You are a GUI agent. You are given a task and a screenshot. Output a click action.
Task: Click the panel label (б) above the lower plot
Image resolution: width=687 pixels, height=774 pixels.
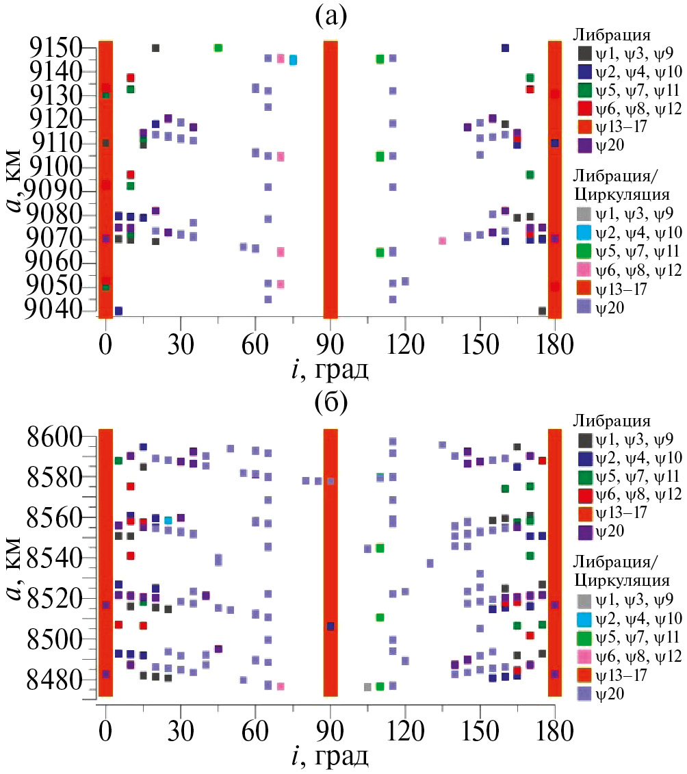coord(331,404)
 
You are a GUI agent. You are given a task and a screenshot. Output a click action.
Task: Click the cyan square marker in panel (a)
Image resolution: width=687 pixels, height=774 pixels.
coord(293,60)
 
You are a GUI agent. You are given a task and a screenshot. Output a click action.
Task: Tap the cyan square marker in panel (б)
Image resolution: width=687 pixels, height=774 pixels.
coord(168,521)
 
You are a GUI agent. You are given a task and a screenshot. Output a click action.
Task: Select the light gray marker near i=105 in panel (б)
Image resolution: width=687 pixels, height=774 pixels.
coord(367,687)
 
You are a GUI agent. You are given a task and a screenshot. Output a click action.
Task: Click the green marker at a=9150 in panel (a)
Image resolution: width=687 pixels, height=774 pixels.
coord(218,48)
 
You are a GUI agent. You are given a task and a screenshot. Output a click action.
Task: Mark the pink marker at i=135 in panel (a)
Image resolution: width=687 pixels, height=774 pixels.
coord(443,241)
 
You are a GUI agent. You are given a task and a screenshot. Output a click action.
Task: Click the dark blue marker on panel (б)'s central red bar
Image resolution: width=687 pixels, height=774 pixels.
coord(330,626)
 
